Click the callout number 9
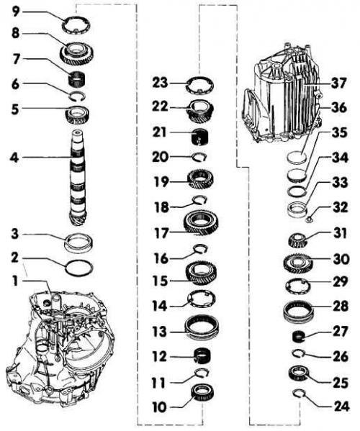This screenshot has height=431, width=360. pos(17,12)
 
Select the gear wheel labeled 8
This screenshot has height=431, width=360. pos(78,54)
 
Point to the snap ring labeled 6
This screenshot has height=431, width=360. pos(77,95)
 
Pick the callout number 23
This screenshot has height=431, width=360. pos(160,82)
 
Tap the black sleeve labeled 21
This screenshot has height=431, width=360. pos(200,137)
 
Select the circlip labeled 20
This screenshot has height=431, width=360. pos(199,158)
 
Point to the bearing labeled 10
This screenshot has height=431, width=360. pos(202,392)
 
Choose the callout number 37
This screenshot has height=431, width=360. pos(338,83)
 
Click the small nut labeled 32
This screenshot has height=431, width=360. pos(309,219)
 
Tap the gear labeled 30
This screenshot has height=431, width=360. pos(297,264)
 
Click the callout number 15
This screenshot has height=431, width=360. pos(160,281)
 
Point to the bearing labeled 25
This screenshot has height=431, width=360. pos(299,373)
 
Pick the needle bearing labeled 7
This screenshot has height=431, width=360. pos(77,78)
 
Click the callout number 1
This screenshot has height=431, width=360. pos(15,281)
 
